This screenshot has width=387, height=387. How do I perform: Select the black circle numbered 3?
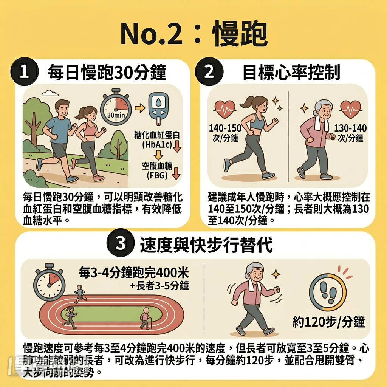[120, 244]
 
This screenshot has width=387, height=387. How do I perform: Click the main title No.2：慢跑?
[193, 33]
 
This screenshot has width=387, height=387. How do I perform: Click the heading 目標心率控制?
[291, 73]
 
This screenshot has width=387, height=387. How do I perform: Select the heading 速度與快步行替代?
[206, 245]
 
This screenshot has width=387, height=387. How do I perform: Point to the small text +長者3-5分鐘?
[159, 286]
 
